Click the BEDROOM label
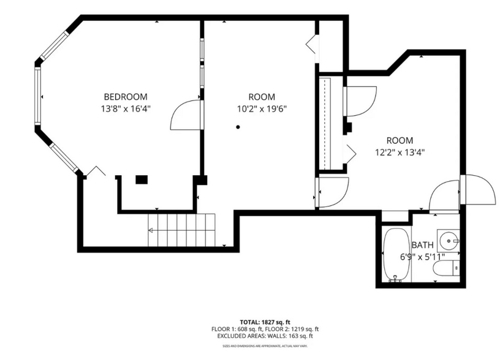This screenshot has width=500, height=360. [125, 97]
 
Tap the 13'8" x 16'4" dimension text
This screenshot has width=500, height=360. [125, 109]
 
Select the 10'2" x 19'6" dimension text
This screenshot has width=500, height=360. [262, 109]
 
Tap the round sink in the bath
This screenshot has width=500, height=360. [451, 241]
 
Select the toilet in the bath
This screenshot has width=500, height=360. [445, 268]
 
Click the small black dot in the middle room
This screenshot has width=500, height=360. [238, 127]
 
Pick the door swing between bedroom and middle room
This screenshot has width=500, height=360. [186, 114]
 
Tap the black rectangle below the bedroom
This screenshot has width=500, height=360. [142, 179]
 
